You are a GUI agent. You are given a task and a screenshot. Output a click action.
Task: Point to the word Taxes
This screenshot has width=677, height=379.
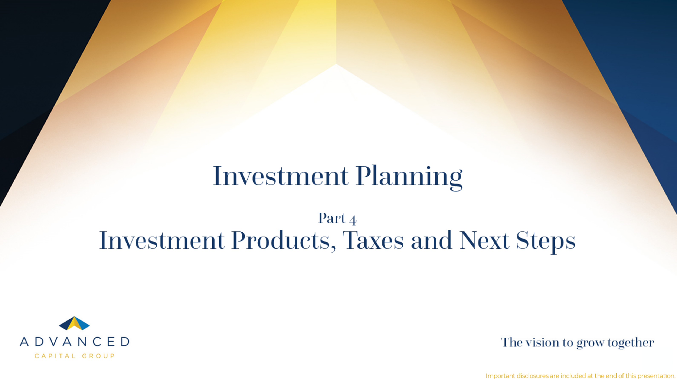point(373,240)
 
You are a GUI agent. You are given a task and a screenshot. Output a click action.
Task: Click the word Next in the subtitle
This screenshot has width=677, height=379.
point(484,240)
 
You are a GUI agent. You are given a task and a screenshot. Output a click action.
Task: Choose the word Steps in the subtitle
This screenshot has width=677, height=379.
point(546,242)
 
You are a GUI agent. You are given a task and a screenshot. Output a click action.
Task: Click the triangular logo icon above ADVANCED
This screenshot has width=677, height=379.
point(74,323)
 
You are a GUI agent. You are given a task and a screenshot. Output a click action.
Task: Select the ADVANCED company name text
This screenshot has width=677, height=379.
point(75,342)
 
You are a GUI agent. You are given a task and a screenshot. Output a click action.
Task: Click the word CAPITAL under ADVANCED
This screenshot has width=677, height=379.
point(55,356)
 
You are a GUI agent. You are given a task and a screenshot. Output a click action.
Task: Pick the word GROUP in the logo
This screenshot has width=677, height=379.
point(98,356)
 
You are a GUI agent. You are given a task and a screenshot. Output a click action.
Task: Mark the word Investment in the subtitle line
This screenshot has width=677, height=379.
point(162,240)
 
